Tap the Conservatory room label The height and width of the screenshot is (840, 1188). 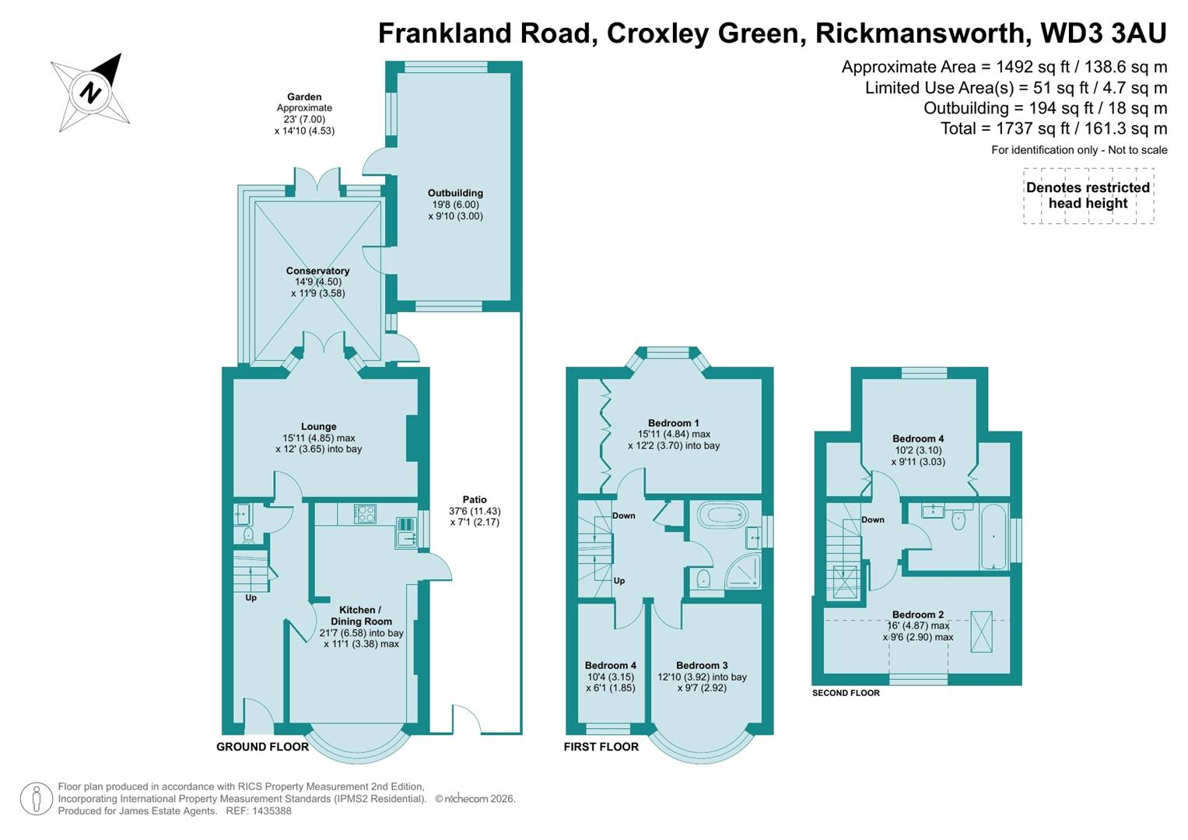coord(317,271)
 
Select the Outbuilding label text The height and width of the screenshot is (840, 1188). coord(455,193)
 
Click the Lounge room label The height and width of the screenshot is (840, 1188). coord(319,426)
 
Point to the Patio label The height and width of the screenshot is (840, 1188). coord(475,499)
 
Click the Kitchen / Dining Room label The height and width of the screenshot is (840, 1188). coord(361,615)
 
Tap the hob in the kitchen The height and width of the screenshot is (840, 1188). coord(365,513)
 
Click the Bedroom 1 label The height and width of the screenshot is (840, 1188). coord(674,423)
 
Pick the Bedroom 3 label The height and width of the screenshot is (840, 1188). coord(702,665)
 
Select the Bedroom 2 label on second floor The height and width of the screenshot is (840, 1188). coord(918,614)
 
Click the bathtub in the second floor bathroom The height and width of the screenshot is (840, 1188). coord(994,537)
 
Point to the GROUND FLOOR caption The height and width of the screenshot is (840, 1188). coord(262,747)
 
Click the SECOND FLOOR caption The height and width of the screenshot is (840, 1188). coord(846,693)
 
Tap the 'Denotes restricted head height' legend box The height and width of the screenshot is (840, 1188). coord(1088,196)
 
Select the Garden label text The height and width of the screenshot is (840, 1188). coord(304,97)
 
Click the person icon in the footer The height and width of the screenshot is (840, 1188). coord(36,800)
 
